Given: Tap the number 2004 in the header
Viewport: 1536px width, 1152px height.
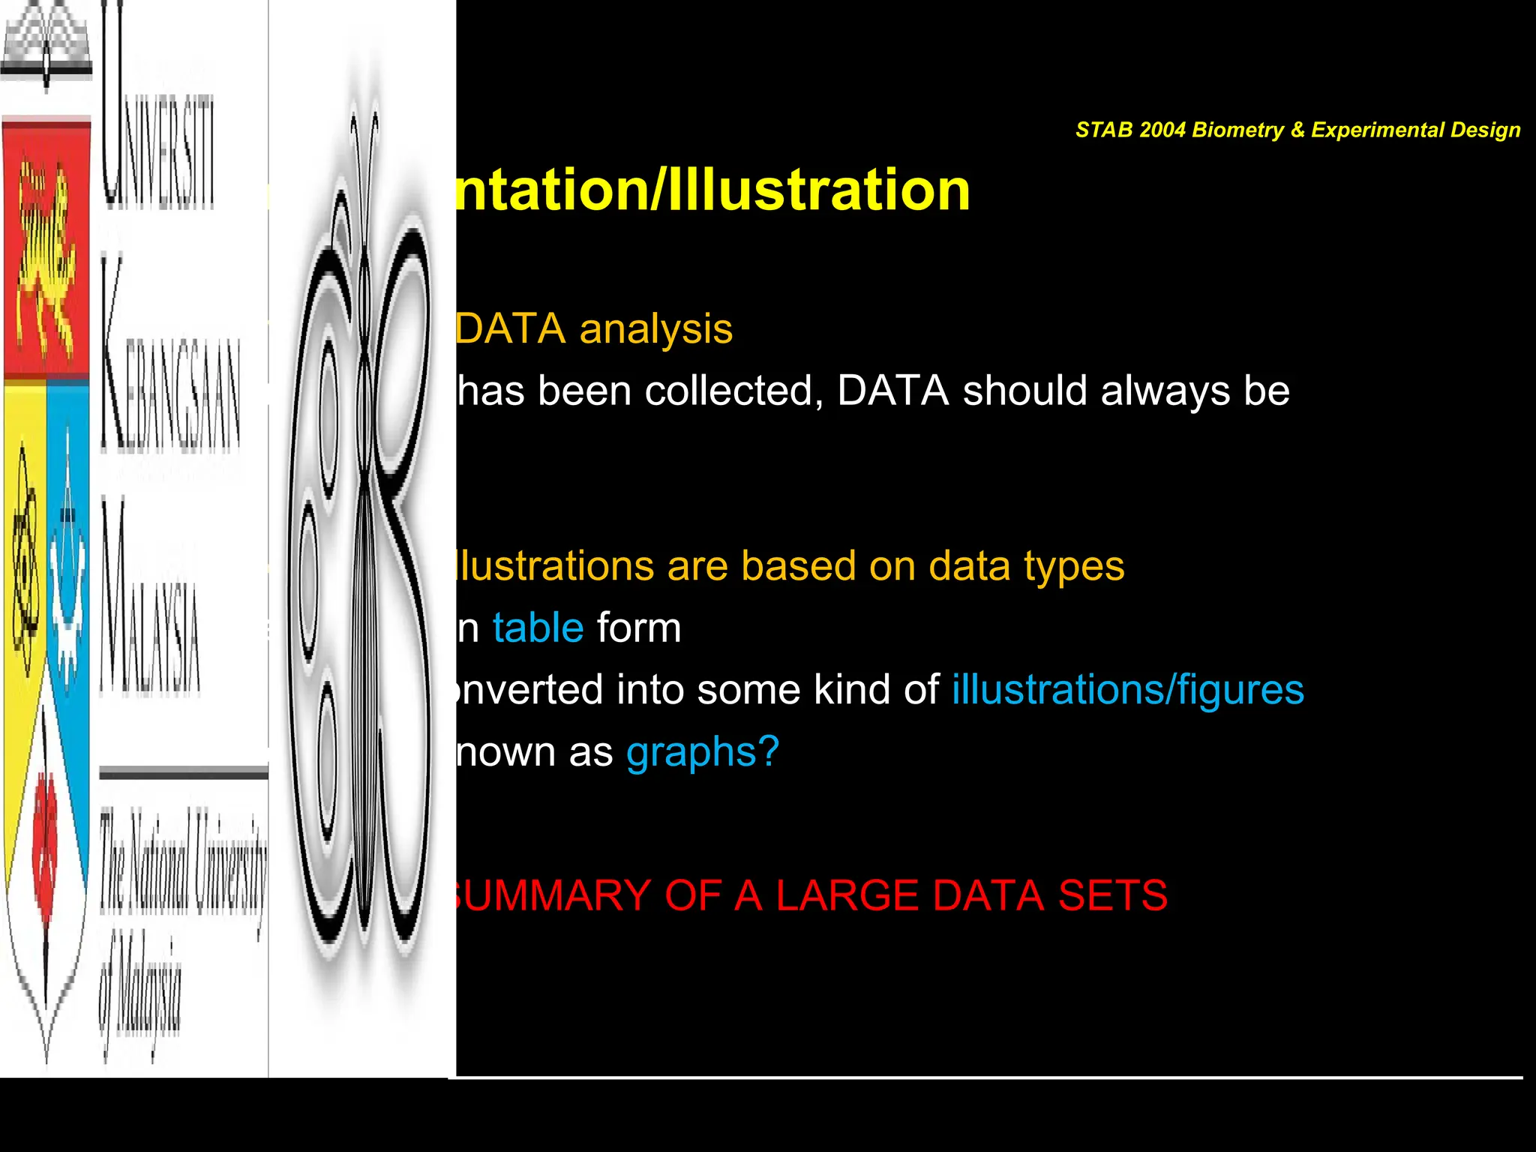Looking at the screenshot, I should click(x=1162, y=130).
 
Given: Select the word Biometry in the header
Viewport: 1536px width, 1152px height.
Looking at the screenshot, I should click(x=1238, y=130).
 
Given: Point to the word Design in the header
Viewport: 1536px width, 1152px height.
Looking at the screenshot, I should click(x=1485, y=130).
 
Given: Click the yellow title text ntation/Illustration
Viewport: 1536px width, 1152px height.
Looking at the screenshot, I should click(x=712, y=190).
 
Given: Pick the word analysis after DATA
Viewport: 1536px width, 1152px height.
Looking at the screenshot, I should click(x=656, y=329).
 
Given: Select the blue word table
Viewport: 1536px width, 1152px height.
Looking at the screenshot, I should click(x=538, y=628).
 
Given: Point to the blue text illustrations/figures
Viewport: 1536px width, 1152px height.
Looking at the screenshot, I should click(x=1128, y=690).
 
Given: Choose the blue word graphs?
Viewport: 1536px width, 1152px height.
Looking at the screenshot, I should click(x=703, y=752).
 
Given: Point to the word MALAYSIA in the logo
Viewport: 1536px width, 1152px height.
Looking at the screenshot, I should click(x=150, y=600).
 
